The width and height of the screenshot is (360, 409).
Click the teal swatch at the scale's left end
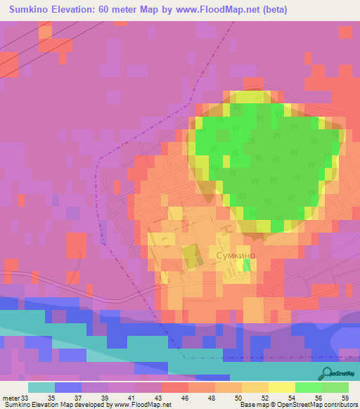(x=41, y=387)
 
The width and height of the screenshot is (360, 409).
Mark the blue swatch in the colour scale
(x=68, y=387)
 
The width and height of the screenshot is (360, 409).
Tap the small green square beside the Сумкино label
(x=247, y=265)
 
